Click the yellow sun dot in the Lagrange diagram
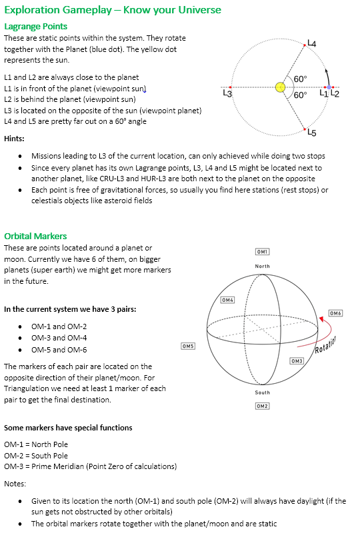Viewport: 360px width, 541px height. (281, 87)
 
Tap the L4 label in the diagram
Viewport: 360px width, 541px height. (311, 43)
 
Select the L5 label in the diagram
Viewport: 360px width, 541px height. (311, 132)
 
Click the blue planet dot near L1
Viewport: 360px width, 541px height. (328, 87)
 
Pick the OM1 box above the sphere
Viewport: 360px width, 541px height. (262, 251)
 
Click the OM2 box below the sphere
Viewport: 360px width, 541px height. (262, 406)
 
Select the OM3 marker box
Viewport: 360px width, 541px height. (297, 360)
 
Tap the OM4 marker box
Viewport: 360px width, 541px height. (228, 300)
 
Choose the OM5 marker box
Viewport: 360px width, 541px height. (188, 346)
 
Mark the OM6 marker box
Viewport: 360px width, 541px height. (336, 313)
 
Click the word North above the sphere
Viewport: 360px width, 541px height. (263, 266)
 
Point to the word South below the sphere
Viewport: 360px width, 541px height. (263, 392)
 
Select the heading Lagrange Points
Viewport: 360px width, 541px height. (35, 27)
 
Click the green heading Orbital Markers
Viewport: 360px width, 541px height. (35, 236)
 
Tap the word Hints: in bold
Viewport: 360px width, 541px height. (15, 139)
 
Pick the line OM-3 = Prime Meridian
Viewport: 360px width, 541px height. (91, 466)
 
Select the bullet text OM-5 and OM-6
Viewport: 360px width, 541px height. (59, 350)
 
